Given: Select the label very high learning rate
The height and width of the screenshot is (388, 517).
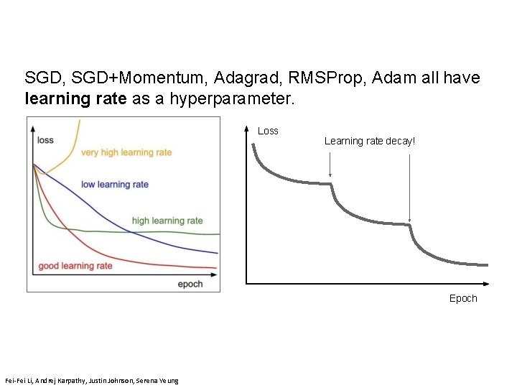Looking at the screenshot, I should point(126,152).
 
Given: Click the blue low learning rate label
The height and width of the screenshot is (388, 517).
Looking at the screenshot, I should point(115,185).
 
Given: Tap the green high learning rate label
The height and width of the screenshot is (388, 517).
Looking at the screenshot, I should point(167,221).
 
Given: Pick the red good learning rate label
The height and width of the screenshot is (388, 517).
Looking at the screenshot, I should point(75,266).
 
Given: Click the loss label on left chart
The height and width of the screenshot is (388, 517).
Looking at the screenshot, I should point(45,139).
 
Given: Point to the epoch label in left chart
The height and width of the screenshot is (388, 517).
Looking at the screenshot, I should point(190,284).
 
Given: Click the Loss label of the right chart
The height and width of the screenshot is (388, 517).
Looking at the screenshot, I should point(268,131).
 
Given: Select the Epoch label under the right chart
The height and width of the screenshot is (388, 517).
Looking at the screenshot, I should point(462,298).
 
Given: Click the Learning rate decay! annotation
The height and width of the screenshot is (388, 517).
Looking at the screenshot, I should point(369,141).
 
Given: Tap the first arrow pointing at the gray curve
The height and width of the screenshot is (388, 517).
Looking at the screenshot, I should point(330,164).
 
